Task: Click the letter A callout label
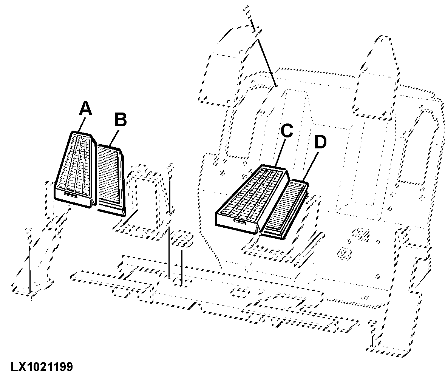pyautogui.click(x=86, y=109)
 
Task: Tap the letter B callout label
pyautogui.click(x=121, y=119)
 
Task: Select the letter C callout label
pyautogui.click(x=287, y=131)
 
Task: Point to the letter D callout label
pyautogui.click(x=320, y=142)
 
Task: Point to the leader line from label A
pyautogui.click(x=82, y=125)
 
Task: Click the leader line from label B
pyautogui.click(x=113, y=136)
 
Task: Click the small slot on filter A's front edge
pyautogui.click(x=71, y=194)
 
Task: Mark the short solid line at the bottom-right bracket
pyautogui.click(x=372, y=341)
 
